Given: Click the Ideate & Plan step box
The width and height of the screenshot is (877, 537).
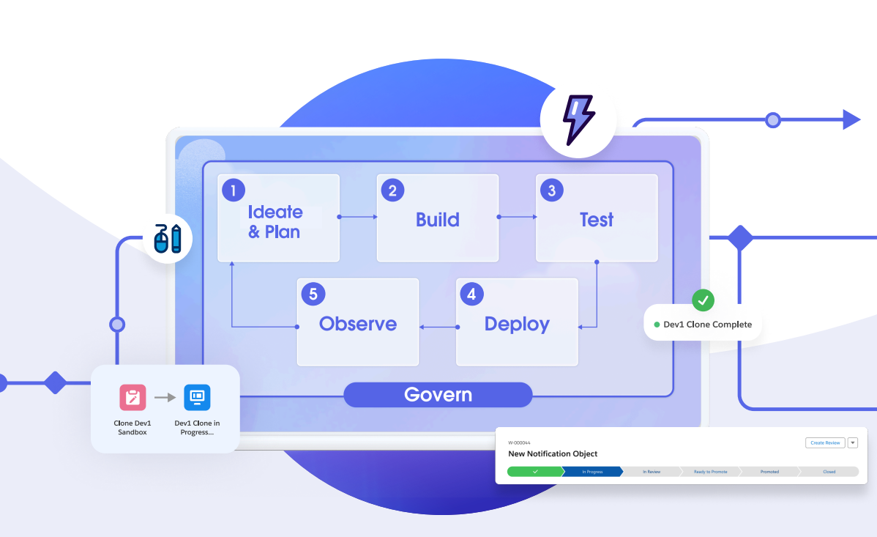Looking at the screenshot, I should click(278, 218).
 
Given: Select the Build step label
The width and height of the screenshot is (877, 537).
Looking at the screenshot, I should click(438, 220).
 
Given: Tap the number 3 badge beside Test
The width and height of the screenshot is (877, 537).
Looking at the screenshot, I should click(551, 191).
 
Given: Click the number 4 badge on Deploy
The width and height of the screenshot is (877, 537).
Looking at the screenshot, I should click(471, 295).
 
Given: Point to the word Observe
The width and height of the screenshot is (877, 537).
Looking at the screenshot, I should click(358, 324).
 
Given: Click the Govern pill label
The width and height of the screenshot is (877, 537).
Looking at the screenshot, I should click(438, 395).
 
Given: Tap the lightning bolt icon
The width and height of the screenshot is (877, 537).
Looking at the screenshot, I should click(578, 119).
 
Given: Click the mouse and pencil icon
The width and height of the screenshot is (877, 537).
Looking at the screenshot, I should click(168, 238).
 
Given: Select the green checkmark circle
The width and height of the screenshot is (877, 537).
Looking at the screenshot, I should click(703, 300).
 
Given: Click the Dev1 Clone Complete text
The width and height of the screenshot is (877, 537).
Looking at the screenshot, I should click(707, 325).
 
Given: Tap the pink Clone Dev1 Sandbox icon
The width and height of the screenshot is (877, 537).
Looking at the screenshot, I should click(133, 397).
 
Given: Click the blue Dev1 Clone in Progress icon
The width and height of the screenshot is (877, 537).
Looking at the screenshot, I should click(197, 397).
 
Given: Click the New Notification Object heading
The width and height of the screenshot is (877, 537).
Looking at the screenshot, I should click(553, 454).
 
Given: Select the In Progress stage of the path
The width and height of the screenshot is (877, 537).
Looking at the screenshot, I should click(592, 472).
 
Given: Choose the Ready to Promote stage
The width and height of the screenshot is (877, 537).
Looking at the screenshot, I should click(710, 472).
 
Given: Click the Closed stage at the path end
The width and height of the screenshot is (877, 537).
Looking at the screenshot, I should click(829, 472).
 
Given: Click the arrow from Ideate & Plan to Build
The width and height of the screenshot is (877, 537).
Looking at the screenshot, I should click(358, 217).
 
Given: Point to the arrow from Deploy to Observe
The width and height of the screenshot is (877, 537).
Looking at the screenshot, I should click(437, 326).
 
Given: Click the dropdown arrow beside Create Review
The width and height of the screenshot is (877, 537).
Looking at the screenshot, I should click(852, 442).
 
